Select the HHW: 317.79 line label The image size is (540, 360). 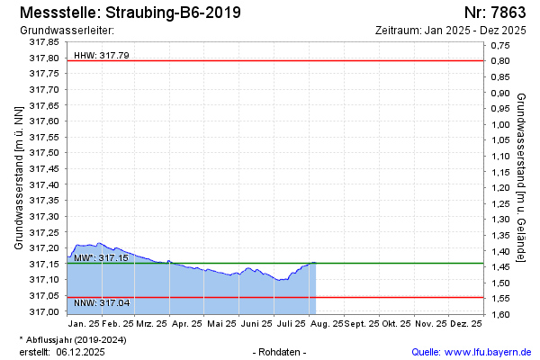click(x=101, y=55)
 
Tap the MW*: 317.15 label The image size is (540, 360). click(x=101, y=257)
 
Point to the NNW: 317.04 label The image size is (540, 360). click(x=101, y=302)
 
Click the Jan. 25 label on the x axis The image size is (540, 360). click(x=84, y=322)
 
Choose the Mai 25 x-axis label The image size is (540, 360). click(x=220, y=322)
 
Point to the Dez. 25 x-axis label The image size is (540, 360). click(x=464, y=322)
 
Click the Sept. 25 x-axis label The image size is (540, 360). click(x=360, y=322)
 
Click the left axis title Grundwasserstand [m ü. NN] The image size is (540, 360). click(x=18, y=176)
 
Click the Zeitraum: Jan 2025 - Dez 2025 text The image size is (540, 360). click(x=450, y=30)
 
